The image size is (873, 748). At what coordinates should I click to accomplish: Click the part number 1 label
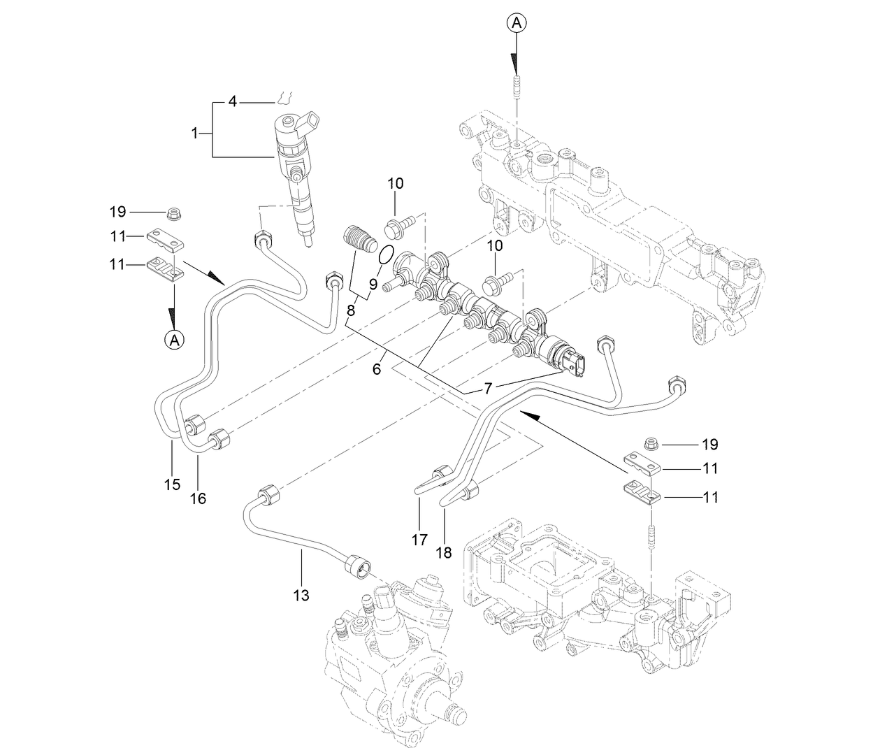[x=195, y=131]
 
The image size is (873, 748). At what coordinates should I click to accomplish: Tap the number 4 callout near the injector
[x=233, y=103]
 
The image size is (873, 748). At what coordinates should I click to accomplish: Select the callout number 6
[x=377, y=368]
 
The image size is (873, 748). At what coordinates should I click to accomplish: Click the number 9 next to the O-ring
[x=373, y=284]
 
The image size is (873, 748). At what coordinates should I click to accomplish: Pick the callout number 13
[x=301, y=595]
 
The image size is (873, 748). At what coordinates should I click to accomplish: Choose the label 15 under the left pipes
[x=172, y=484]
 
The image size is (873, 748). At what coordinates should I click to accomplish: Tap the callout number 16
[x=199, y=498]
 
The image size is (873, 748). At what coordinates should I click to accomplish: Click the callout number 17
[x=418, y=540]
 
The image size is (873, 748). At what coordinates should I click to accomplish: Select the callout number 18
[x=444, y=552]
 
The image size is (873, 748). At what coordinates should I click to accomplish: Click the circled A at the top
[x=516, y=24]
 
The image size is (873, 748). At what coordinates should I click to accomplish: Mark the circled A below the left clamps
[x=174, y=340]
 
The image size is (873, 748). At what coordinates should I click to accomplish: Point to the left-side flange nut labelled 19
[x=173, y=211]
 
